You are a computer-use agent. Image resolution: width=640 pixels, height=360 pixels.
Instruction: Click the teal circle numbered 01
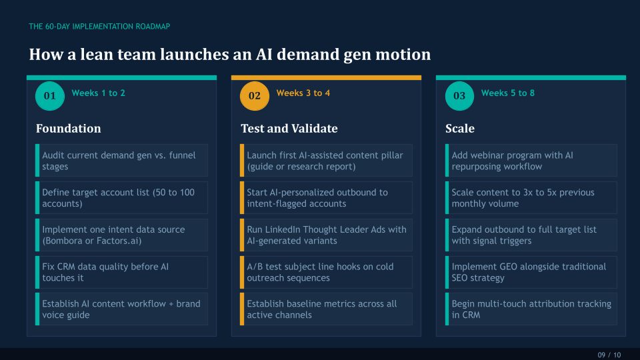tap(50, 96)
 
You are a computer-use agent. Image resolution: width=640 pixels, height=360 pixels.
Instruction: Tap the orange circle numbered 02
tap(255, 96)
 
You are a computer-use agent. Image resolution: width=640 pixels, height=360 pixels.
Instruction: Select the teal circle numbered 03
tap(459, 96)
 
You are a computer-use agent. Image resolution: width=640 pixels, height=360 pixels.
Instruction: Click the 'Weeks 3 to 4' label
tap(303, 93)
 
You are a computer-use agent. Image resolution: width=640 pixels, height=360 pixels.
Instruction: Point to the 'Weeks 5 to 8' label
tap(508, 93)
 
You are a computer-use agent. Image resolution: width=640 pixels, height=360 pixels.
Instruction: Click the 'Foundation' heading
tap(69, 129)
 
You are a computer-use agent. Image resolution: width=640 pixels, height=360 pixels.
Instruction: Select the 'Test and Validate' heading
tap(289, 129)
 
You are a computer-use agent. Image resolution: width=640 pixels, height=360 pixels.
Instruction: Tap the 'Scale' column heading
tap(460, 129)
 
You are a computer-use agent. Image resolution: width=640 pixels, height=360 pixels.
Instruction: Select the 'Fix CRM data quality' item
tap(105, 272)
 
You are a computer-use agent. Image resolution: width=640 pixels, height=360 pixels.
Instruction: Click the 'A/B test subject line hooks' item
tap(320, 272)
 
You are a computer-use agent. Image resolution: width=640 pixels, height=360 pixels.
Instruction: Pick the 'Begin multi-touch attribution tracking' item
tap(531, 309)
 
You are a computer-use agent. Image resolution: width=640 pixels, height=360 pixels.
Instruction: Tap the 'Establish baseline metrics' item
tap(321, 309)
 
